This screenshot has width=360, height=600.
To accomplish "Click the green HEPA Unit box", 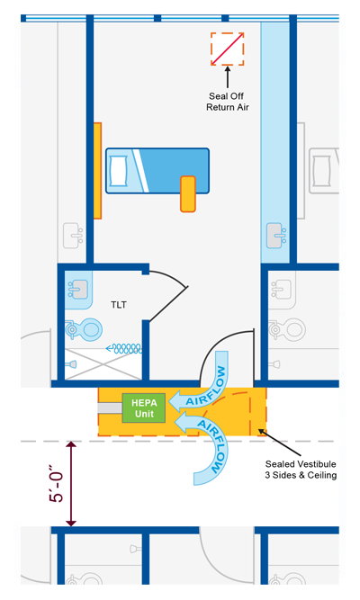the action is point(144,407).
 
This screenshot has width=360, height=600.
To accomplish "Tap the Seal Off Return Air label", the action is point(228,102).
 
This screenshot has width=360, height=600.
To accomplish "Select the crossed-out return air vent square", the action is point(228,49).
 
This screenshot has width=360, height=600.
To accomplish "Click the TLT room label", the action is point(118,305).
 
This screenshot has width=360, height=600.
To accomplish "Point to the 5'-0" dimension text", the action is point(56,483).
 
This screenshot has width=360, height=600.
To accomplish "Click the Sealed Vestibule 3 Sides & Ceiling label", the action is point(301,470).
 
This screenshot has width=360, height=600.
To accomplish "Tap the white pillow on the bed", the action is point(118,171).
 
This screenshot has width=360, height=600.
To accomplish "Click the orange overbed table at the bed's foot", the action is point(188,194).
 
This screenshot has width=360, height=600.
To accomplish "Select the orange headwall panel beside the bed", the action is point(98,171).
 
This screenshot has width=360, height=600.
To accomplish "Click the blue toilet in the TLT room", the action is point(84,329).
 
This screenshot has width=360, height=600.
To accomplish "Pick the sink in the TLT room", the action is point(78,289).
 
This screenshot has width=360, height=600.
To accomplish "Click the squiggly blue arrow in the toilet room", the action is point(123,348).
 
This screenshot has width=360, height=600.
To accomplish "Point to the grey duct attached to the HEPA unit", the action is point(110,407).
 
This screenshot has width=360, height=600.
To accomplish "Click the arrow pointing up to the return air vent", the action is point(228,77).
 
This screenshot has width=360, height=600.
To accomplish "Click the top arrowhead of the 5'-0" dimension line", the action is point(71,444).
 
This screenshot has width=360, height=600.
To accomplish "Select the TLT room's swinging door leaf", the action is point(168,304).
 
